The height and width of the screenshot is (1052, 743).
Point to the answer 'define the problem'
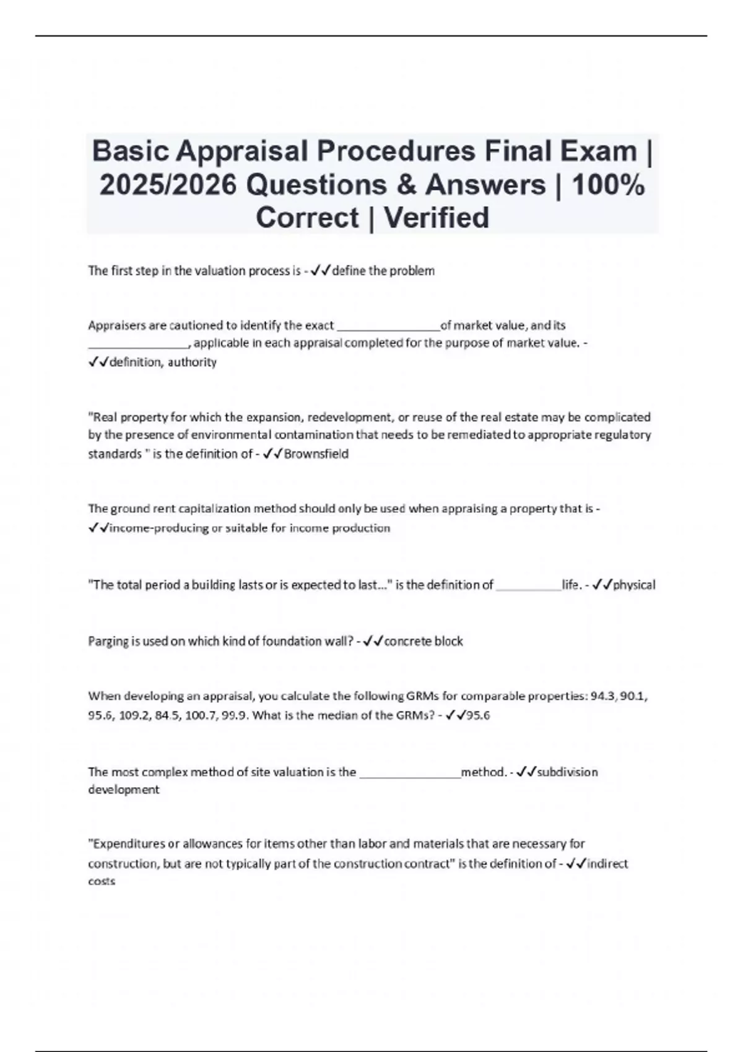click(383, 271)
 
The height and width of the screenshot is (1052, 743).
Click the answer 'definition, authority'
click(163, 362)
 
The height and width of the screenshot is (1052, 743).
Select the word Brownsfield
click(316, 454)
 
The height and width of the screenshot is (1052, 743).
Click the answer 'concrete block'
click(424, 641)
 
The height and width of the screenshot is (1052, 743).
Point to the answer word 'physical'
click(634, 585)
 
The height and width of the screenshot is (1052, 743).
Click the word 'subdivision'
click(567, 772)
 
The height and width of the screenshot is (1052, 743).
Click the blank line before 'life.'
click(529, 587)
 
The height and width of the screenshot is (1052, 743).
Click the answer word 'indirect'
click(607, 863)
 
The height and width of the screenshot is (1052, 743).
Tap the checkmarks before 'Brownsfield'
click(272, 454)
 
